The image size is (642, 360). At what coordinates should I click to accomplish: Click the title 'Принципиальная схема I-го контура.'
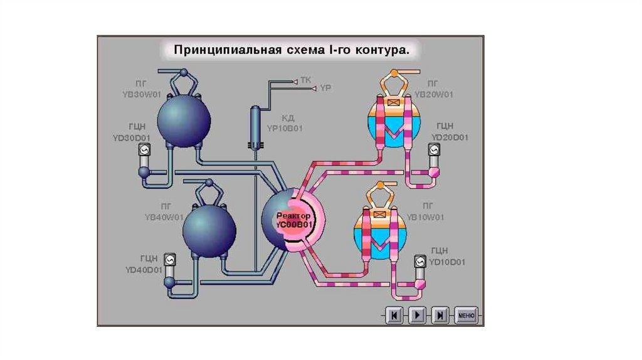292,50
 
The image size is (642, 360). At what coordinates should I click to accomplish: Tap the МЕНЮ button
466,315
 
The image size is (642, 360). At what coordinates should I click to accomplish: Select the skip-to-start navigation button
394,315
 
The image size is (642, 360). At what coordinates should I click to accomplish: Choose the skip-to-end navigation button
441,315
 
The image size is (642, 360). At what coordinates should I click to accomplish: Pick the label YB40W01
164,217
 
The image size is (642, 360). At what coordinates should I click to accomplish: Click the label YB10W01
426,217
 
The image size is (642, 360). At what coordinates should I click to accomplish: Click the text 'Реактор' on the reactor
293,214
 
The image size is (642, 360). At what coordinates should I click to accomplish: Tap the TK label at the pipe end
305,80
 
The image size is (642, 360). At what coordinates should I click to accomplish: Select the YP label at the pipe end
324,89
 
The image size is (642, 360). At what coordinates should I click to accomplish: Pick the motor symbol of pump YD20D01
433,150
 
